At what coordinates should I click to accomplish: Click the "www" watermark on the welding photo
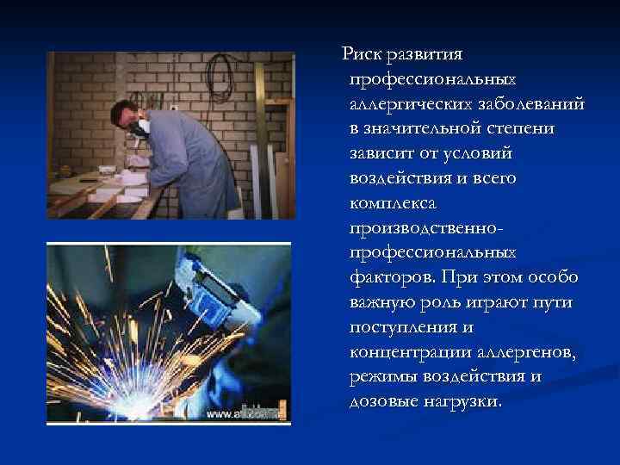(x=218, y=414)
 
